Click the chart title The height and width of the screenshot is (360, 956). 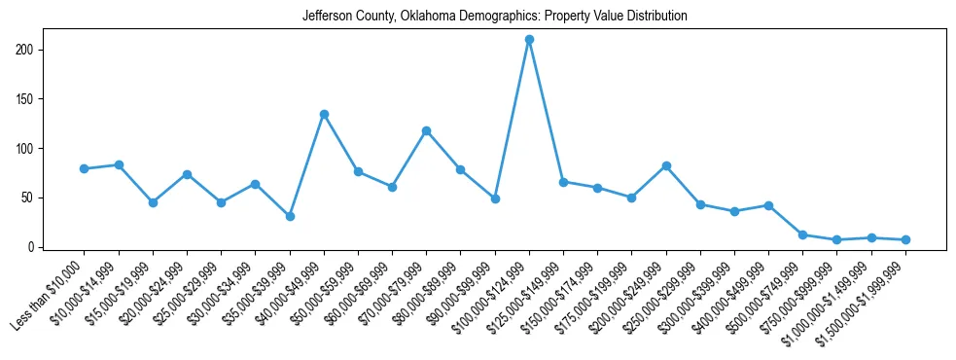click(x=494, y=16)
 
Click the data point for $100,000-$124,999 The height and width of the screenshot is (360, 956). click(x=529, y=40)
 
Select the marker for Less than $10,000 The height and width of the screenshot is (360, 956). click(x=85, y=168)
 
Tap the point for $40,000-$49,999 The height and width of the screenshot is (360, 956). click(x=324, y=114)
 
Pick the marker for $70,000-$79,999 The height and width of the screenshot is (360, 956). click(x=426, y=130)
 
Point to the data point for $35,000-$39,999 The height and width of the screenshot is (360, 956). click(x=290, y=216)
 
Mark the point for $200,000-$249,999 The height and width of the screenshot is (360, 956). click(x=666, y=165)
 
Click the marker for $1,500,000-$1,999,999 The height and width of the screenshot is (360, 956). click(x=905, y=239)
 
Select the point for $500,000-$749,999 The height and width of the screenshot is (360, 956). click(x=802, y=234)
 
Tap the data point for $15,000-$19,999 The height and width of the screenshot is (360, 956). click(x=153, y=202)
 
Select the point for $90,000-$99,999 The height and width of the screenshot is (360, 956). click(x=495, y=198)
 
